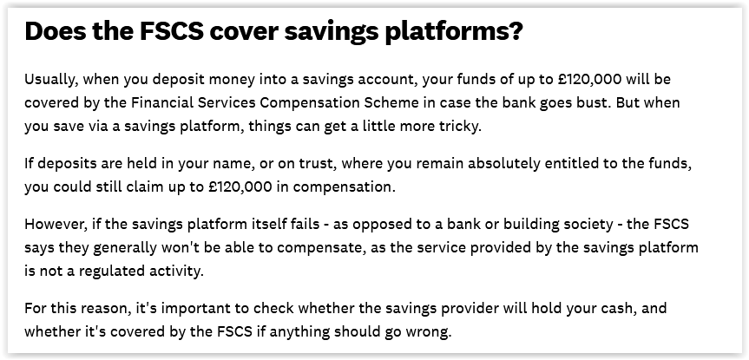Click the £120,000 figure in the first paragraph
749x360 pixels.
click(x=589, y=79)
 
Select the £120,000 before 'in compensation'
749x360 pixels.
click(x=240, y=187)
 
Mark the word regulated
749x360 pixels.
click(x=113, y=272)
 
